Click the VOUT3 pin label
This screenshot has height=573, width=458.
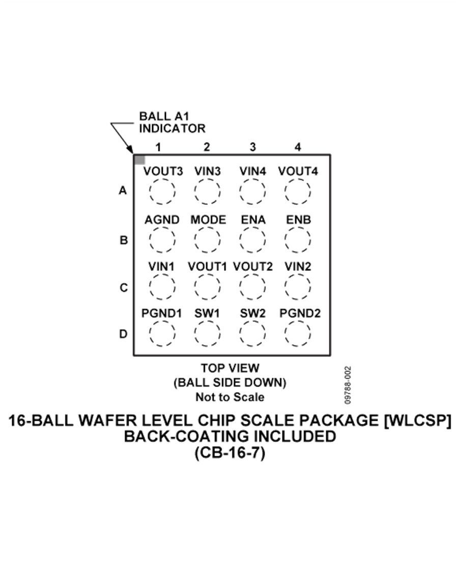pyautogui.click(x=163, y=171)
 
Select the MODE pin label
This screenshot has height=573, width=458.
pyautogui.click(x=208, y=220)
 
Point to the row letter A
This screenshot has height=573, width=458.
pyautogui.click(x=123, y=190)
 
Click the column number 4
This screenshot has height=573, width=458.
pyautogui.click(x=298, y=147)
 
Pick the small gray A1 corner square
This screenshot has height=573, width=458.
pyautogui.click(x=140, y=160)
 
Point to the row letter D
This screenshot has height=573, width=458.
pyautogui.click(x=123, y=334)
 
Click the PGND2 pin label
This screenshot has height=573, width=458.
pyautogui.click(x=300, y=313)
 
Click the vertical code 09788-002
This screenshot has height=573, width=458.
pyautogui.click(x=348, y=385)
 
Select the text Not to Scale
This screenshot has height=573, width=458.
pyautogui.click(x=230, y=397)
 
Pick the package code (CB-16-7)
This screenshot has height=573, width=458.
pyautogui.click(x=230, y=453)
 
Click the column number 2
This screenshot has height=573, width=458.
pyautogui.click(x=207, y=147)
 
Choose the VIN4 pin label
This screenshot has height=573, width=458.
pyautogui.click(x=253, y=171)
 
